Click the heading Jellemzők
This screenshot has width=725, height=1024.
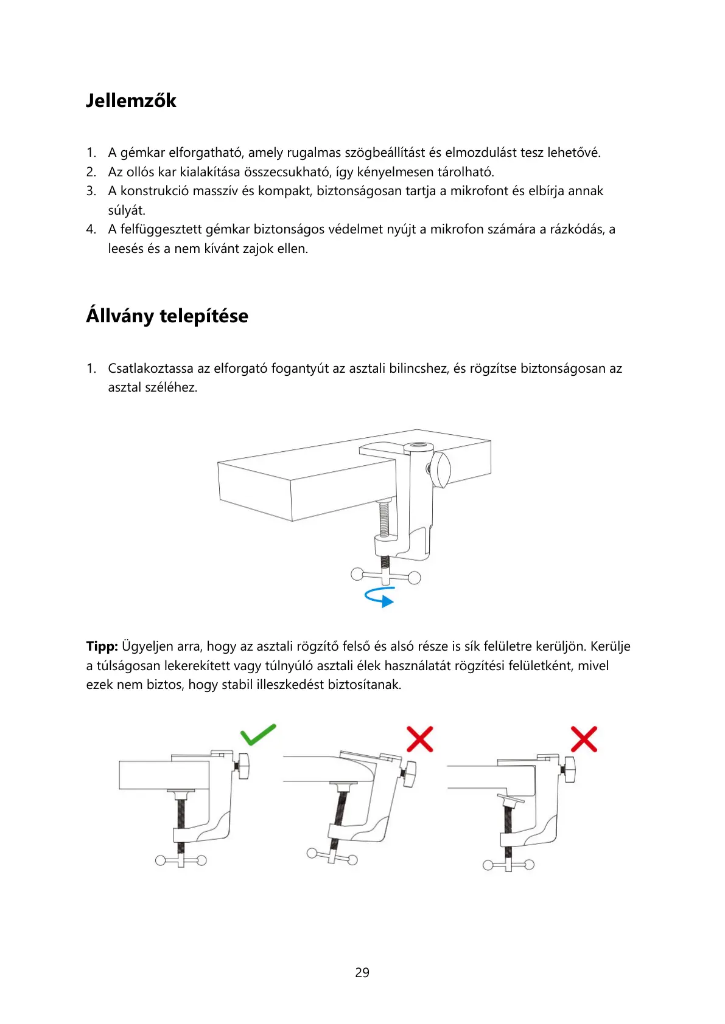pos(131,100)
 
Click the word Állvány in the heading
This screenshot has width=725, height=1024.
pos(119,316)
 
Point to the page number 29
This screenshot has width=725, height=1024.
pos(362,972)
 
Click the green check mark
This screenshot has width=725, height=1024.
pos(258,734)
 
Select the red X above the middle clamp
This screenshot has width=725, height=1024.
pos(419,739)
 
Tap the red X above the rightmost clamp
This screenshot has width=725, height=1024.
pos(584,739)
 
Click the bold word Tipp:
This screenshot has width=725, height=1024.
pos(102,646)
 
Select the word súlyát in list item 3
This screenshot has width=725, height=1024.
pos(127,210)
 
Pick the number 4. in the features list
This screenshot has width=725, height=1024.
pos(91,229)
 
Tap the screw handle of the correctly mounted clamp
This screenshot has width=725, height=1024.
pos(181,860)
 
